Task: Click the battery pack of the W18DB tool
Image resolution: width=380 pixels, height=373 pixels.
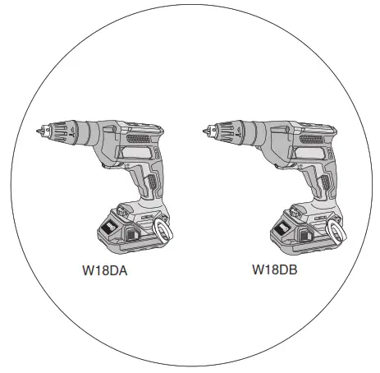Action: pos(297,231)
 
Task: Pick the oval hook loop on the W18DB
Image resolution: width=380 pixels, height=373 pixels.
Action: pos(332,229)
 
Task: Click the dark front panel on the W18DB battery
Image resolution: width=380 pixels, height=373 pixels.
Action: pos(278,227)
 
